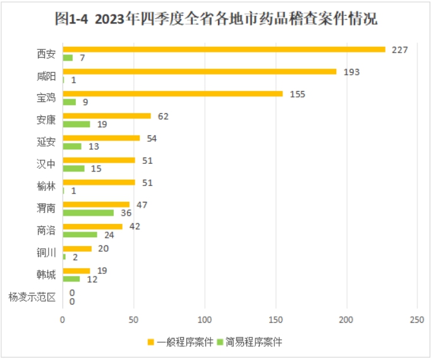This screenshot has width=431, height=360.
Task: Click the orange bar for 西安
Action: coord(224,49)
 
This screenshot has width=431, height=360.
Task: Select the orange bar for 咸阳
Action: coord(200,71)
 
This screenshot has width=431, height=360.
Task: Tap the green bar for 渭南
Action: coord(88,213)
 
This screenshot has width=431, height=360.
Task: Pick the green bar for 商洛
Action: coord(80,235)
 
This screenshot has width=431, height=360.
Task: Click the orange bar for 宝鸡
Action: coord(173,94)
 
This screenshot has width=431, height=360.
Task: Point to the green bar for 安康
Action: coord(76,124)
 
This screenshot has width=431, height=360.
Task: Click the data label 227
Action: coord(399,49)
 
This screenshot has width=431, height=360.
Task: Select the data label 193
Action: coord(351,71)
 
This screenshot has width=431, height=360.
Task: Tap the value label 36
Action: coord(126,213)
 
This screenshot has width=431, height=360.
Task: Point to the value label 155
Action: coord(297,94)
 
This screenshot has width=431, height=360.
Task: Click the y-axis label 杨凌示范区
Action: coord(32,297)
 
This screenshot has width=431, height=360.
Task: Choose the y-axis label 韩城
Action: coord(46,275)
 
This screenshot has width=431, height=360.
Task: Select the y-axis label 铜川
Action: coord(46,252)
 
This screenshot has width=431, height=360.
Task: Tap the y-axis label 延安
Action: coord(46,142)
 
